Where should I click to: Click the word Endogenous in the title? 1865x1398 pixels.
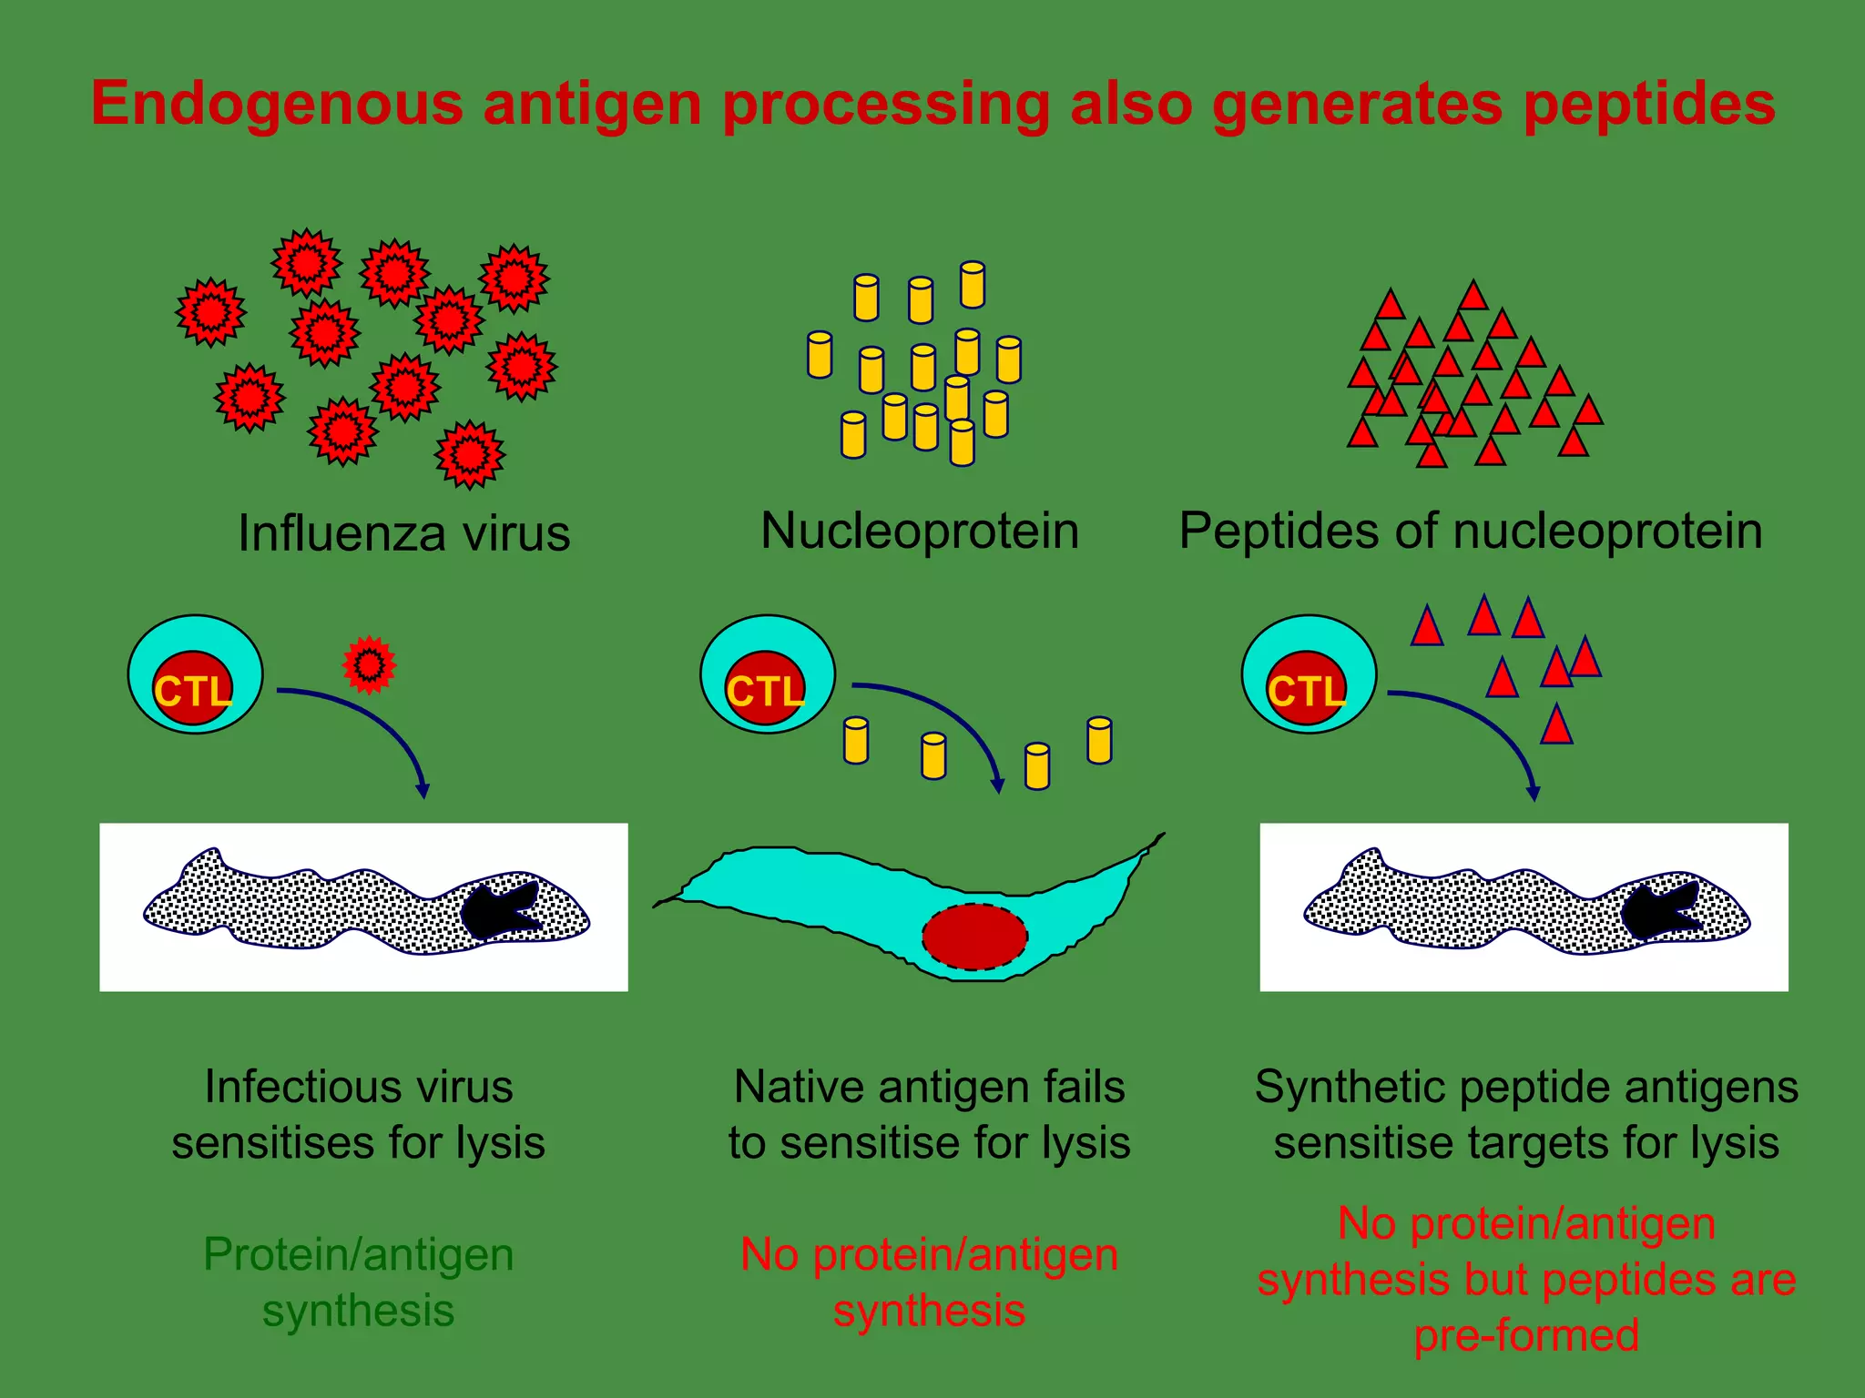[278, 104]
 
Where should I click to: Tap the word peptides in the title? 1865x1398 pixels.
[1648, 104]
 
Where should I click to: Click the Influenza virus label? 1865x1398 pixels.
[403, 533]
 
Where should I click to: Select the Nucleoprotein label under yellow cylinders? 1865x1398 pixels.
[920, 531]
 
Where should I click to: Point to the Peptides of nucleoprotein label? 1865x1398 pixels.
[1471, 531]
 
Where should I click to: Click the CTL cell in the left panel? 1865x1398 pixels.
[195, 675]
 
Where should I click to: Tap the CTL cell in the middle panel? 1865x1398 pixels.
[767, 675]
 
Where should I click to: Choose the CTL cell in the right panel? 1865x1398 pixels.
[1309, 675]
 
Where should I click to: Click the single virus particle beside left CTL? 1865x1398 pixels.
[369, 665]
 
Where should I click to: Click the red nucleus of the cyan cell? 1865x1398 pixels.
[974, 937]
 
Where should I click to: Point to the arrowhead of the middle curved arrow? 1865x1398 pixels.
[998, 785]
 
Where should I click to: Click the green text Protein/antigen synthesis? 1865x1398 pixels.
[358, 1281]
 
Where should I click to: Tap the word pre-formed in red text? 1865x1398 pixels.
[1526, 1336]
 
